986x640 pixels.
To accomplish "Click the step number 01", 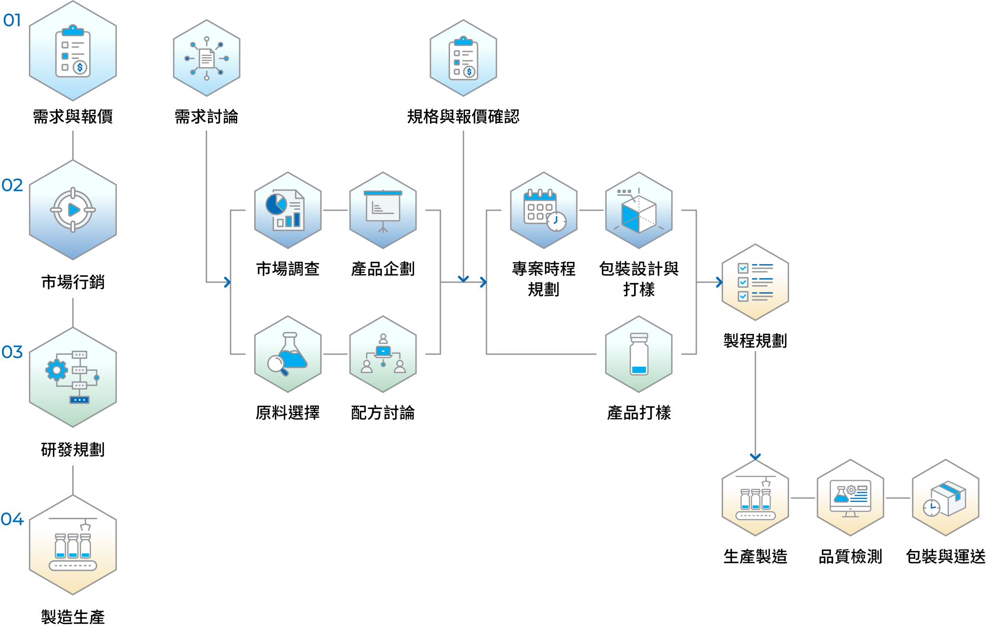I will [12, 20].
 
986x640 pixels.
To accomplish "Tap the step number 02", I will [12, 185].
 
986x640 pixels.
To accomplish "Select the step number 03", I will [12, 352].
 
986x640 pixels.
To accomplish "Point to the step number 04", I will [12, 519].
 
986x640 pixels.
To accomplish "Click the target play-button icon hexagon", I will [73, 210].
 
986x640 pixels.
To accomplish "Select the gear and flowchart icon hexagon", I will [73, 377].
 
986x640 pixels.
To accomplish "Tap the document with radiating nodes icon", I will [207, 58].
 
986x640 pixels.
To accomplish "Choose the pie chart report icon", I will [287, 210].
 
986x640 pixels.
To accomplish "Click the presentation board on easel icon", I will [383, 210].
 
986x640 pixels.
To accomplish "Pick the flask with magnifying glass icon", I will [287, 354].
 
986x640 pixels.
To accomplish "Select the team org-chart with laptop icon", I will [383, 354].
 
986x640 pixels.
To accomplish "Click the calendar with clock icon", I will [544, 210].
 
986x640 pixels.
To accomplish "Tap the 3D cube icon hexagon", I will [639, 210].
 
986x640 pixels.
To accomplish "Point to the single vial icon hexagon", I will [639, 354].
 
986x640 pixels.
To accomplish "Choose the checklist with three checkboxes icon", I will [755, 282].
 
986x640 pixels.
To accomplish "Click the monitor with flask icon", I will [850, 498].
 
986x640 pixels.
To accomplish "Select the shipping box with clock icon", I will [946, 498].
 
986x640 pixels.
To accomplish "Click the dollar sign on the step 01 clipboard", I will [80, 67].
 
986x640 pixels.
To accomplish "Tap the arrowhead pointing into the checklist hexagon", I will [719, 282].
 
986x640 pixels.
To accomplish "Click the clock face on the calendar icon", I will [556, 221].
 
